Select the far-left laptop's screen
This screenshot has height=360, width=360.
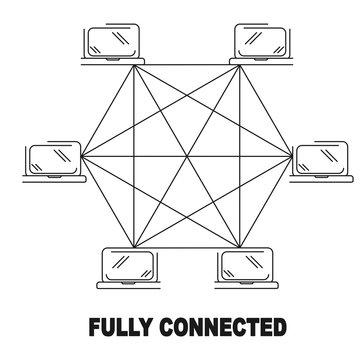52,157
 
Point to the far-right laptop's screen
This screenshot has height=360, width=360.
319,157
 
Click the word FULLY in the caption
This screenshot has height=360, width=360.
120,327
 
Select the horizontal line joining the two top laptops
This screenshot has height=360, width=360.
184,64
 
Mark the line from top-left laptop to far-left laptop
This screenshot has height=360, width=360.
106,110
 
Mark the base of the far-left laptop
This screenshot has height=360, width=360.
52,176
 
